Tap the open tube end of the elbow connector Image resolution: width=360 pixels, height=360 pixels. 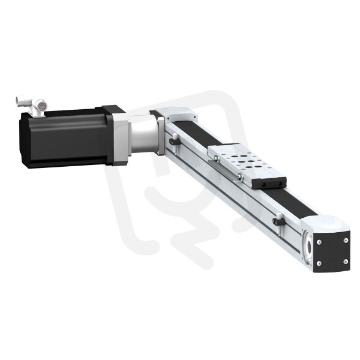18,100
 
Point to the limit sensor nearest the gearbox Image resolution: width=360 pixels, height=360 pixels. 174,142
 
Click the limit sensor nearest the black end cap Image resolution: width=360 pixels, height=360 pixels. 279,221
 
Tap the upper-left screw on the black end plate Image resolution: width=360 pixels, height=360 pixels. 319,242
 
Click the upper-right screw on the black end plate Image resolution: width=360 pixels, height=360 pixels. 346,240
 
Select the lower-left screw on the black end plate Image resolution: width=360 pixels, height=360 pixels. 319,263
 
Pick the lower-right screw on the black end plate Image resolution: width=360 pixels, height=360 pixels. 346,262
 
